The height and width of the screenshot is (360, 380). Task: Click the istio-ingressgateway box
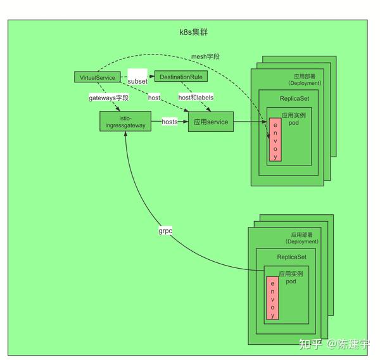pyautogui.click(x=125, y=122)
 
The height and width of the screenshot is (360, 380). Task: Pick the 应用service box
pyautogui.click(x=211, y=122)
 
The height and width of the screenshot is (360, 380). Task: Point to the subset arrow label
pyautogui.click(x=137, y=82)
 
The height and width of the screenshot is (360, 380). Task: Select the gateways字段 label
pyautogui.click(x=108, y=98)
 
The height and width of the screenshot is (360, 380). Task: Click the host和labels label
pyautogui.click(x=196, y=98)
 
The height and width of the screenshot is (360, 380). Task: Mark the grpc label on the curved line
pyautogui.click(x=165, y=232)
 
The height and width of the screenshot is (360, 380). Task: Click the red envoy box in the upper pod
pyautogui.click(x=274, y=139)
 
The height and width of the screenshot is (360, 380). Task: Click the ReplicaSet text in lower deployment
pyautogui.click(x=291, y=257)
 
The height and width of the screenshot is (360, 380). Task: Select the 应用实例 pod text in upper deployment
pyautogui.click(x=294, y=119)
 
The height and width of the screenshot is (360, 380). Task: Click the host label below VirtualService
pyautogui.click(x=154, y=98)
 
